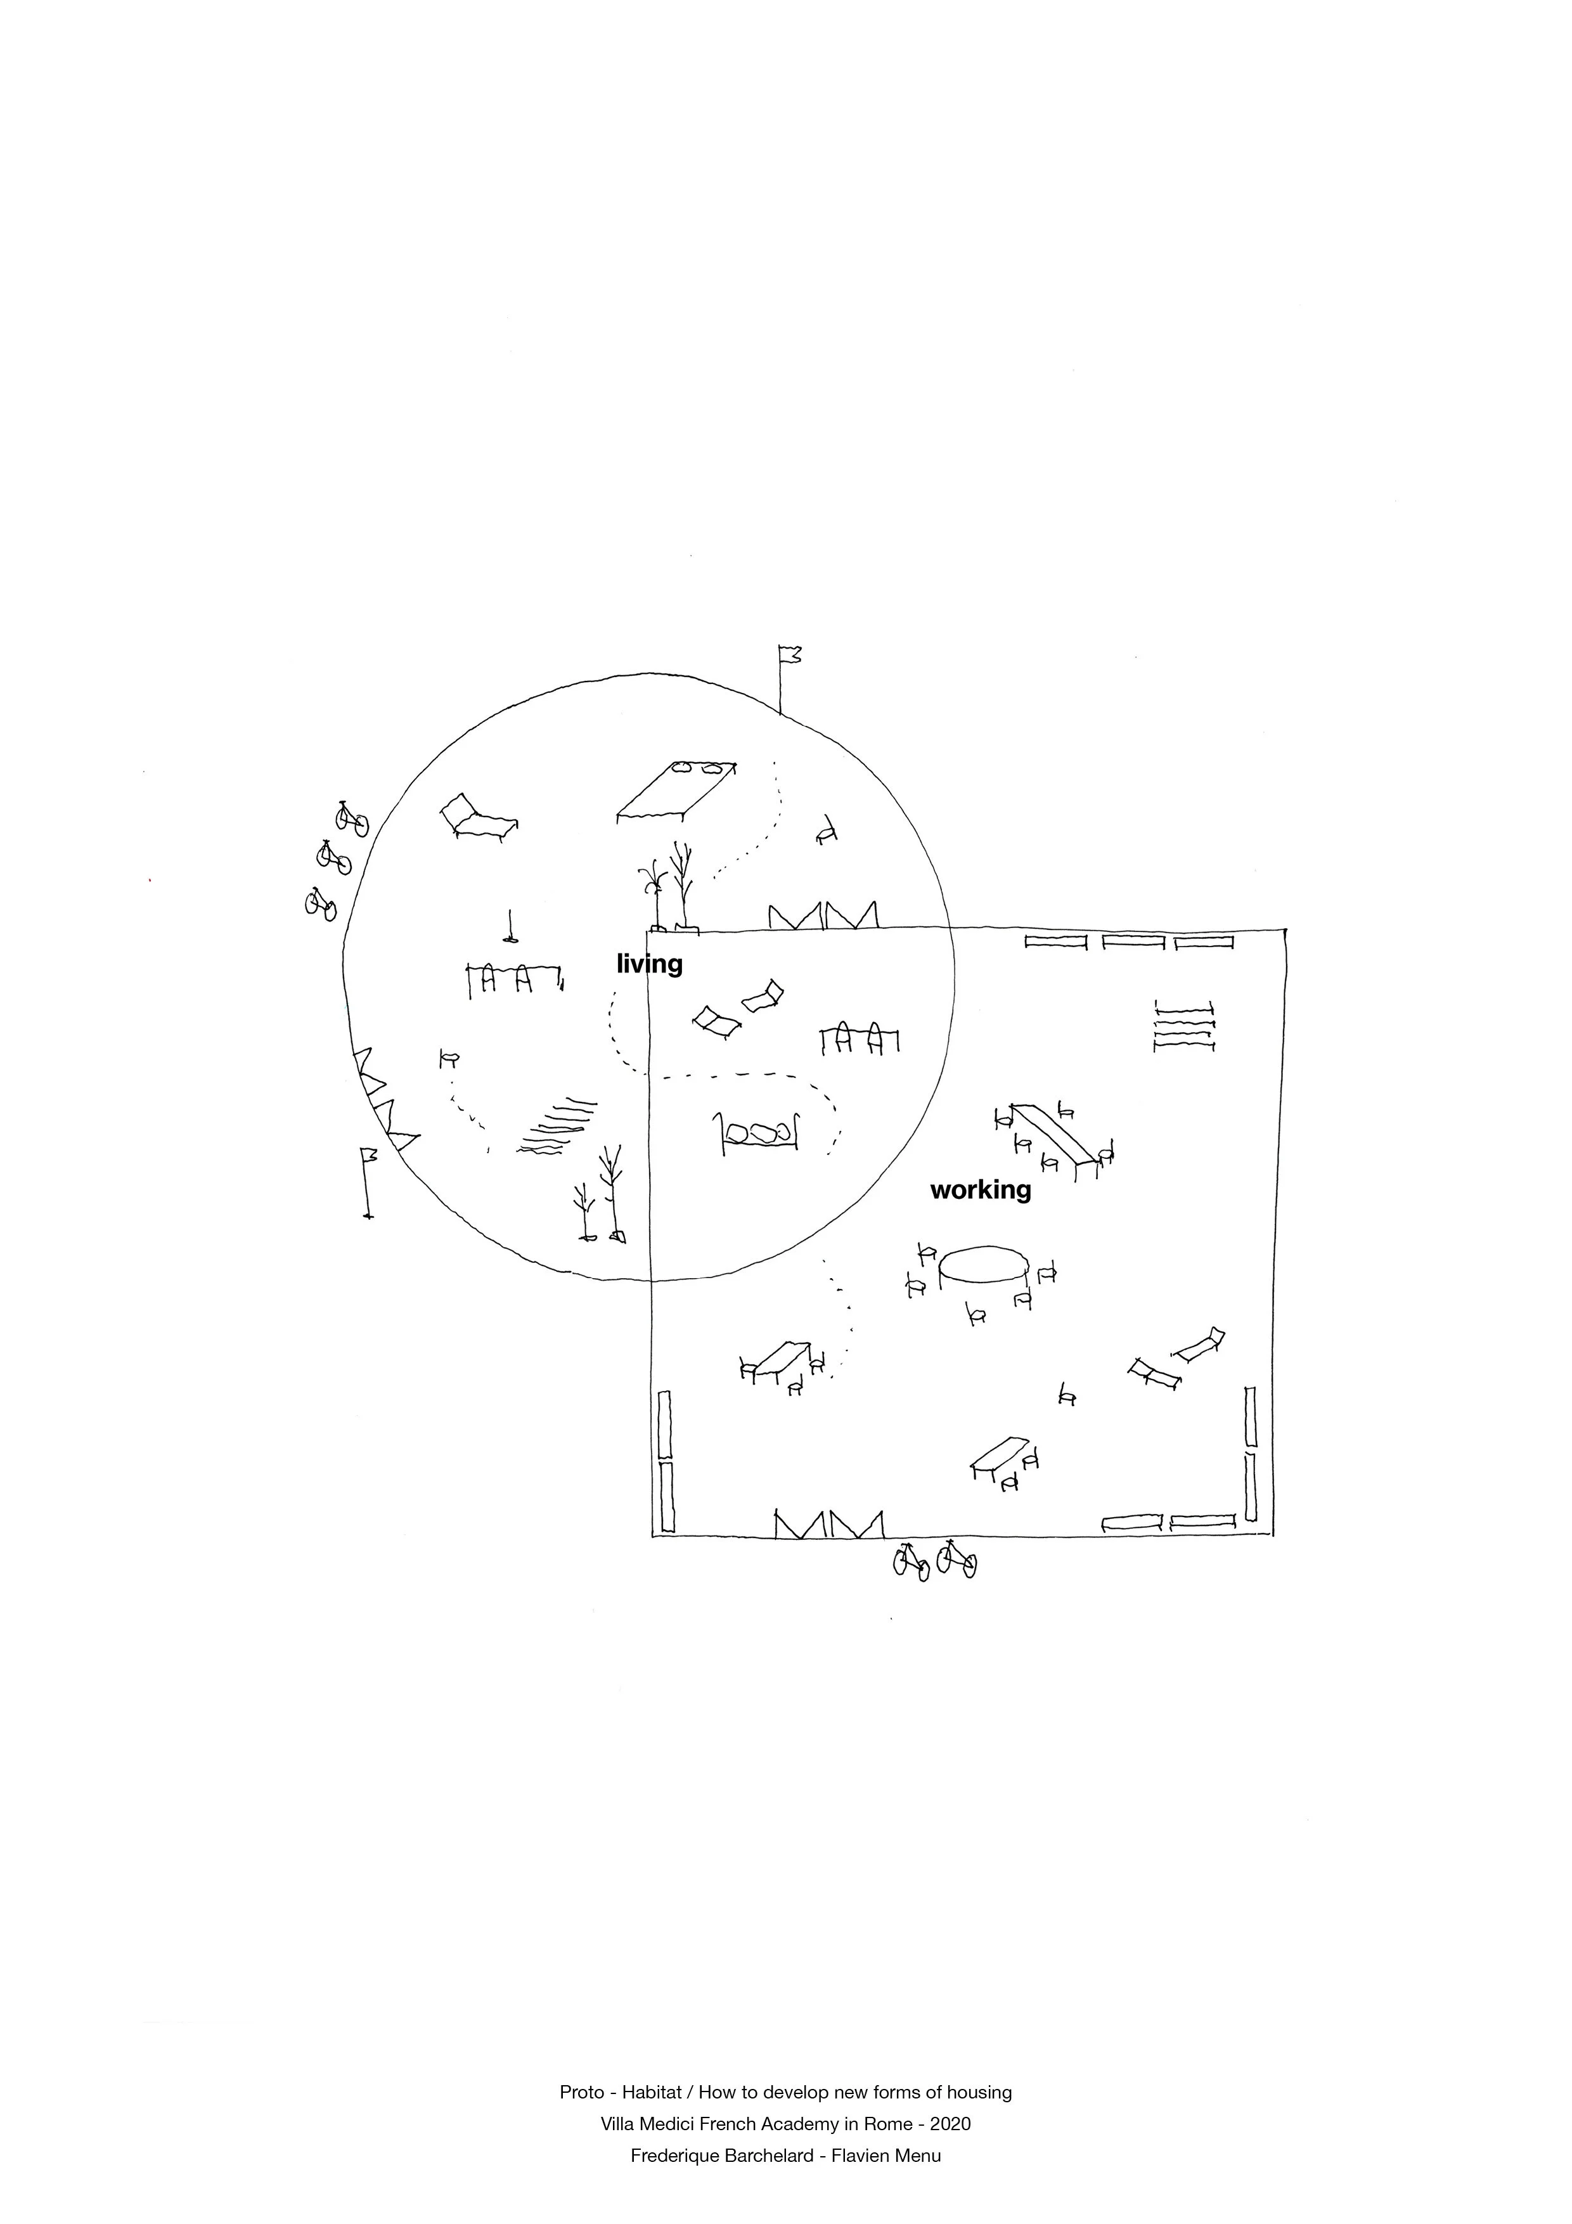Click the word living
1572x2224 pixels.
[x=649, y=964]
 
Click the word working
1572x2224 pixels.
[x=980, y=1189]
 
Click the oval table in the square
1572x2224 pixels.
[x=983, y=1265]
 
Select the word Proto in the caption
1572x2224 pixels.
[x=579, y=2092]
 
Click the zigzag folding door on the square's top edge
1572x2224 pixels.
[x=823, y=915]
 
